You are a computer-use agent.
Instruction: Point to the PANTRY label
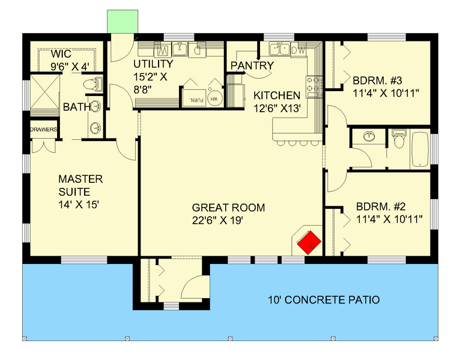(x=252, y=65)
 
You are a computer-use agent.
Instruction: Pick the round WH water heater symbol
(x=216, y=99)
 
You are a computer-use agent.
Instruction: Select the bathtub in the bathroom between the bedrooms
(x=420, y=149)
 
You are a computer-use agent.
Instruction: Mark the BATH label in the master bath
(x=76, y=107)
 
